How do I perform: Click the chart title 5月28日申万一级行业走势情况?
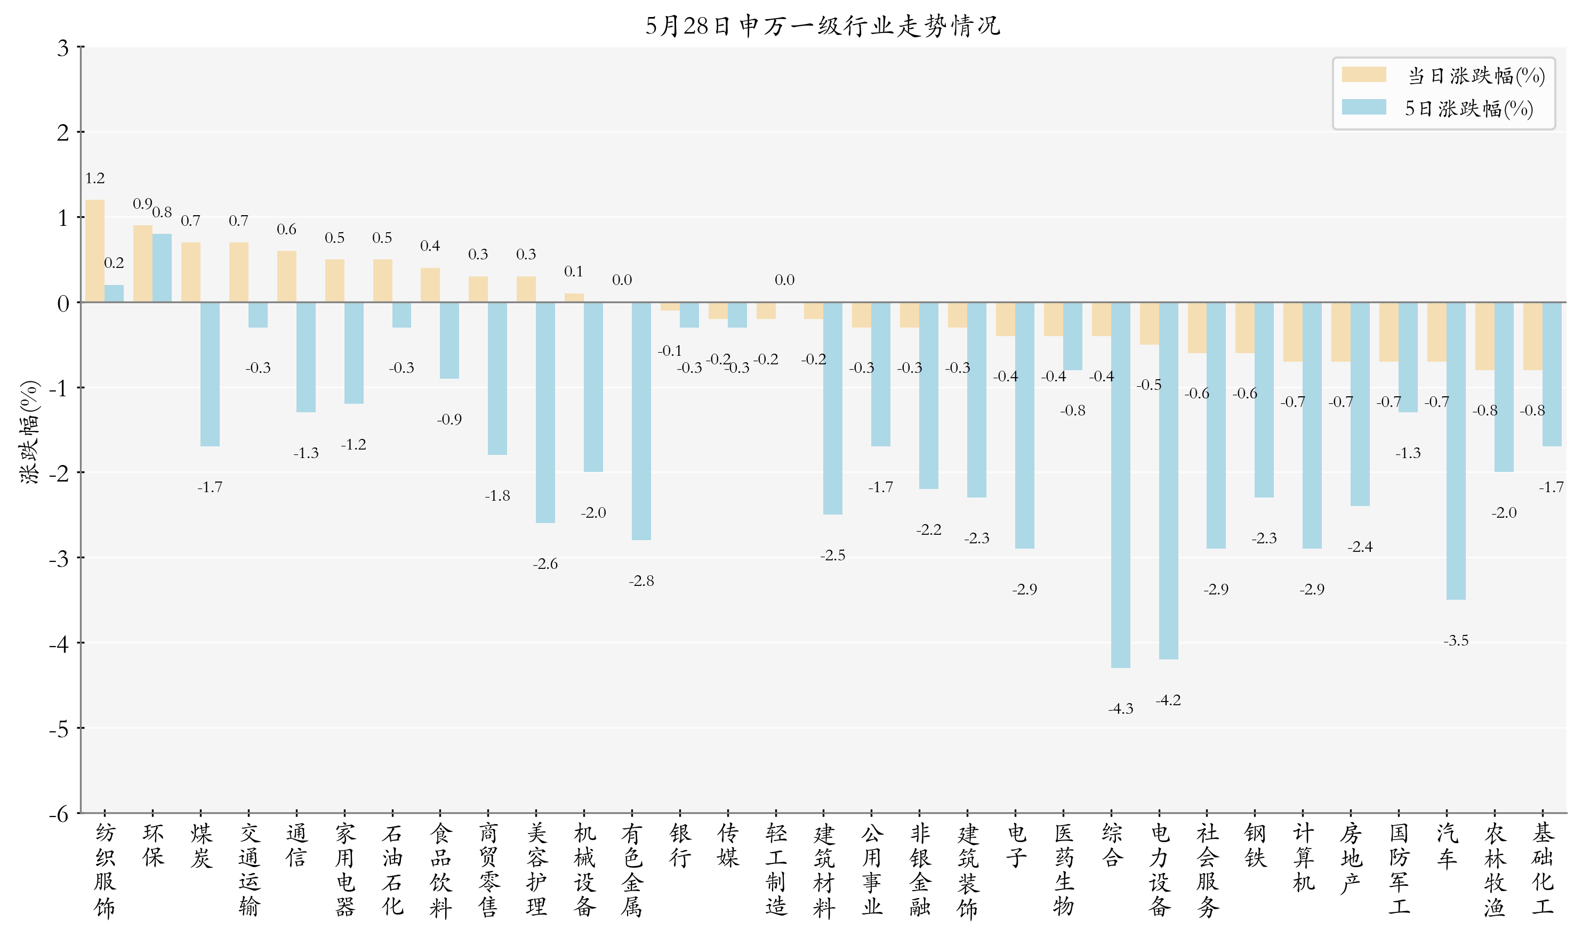click(822, 26)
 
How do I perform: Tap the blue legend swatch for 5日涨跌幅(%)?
click(1363, 108)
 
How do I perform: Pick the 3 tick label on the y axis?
click(62, 48)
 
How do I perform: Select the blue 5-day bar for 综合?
click(1120, 485)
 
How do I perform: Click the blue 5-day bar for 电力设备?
click(1168, 480)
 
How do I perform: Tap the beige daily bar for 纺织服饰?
click(95, 251)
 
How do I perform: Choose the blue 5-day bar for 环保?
click(162, 268)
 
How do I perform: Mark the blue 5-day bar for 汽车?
click(1456, 451)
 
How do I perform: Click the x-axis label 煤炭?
click(201, 846)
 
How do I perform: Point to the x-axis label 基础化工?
click(1543, 870)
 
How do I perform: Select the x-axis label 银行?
click(680, 846)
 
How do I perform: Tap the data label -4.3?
click(1120, 709)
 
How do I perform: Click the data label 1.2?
click(95, 178)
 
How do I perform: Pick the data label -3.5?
click(1456, 641)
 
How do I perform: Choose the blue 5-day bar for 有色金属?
click(641, 421)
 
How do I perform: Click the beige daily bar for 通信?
click(286, 277)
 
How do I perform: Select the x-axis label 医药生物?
click(1063, 870)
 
